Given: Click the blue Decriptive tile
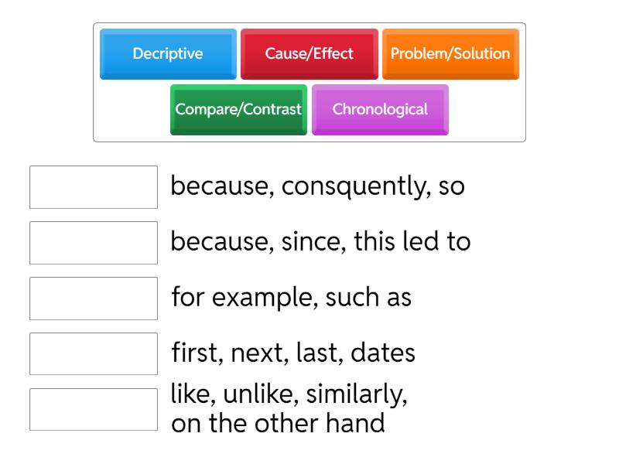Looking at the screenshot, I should tap(168, 54).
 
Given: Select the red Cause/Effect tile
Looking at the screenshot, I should tap(309, 54).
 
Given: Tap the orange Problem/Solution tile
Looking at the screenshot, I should tap(450, 54).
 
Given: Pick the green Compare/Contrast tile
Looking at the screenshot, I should tap(238, 109).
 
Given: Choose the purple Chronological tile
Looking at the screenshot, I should tap(380, 109).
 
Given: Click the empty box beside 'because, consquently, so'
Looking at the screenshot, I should tap(94, 187).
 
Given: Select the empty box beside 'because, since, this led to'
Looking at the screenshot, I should tap(94, 243).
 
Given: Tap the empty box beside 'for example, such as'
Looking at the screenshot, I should tap(94, 299).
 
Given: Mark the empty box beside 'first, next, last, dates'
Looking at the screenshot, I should tap(94, 354).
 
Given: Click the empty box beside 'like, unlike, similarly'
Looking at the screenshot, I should tap(94, 409).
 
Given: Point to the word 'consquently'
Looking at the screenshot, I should tap(345, 188).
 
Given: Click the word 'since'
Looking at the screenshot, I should tap(311, 243).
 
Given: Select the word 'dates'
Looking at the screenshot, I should tap(383, 354).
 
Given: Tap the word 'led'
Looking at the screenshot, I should tap(425, 243).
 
